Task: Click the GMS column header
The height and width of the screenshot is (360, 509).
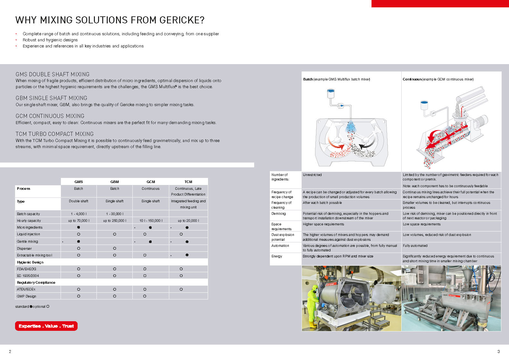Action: [79, 181]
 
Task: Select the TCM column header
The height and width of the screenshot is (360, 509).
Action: [188, 181]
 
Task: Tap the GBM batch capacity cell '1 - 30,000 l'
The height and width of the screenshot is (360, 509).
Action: [114, 214]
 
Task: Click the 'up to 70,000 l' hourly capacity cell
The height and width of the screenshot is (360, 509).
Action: [79, 221]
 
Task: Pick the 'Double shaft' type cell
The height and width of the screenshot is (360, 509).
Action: [79, 201]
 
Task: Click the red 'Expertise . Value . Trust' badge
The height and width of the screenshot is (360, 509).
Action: [46, 326]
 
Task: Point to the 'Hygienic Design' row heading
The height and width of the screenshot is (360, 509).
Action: [30, 262]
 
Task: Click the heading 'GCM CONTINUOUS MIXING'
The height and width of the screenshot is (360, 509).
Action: [50, 116]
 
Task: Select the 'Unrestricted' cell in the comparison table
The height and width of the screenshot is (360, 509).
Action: [312, 175]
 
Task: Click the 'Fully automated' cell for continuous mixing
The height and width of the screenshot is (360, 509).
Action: [415, 246]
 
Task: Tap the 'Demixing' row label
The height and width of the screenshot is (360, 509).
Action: [278, 213]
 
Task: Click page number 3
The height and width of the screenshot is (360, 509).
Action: [498, 351]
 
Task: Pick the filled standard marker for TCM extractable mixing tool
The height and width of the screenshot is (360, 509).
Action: [187, 255]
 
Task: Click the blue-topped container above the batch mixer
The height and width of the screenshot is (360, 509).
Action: [330, 93]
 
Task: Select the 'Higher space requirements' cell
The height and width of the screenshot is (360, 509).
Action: [323, 224]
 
